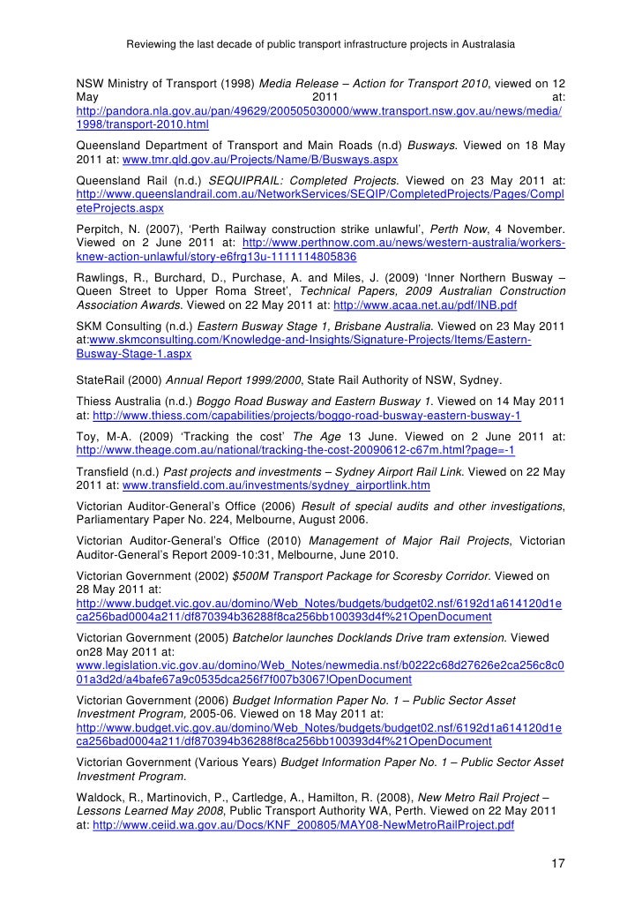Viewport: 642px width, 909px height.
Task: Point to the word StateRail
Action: coord(103,380)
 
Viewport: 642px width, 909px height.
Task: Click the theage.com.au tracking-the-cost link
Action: coord(296,449)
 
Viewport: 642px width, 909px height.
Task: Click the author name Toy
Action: coord(87,435)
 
